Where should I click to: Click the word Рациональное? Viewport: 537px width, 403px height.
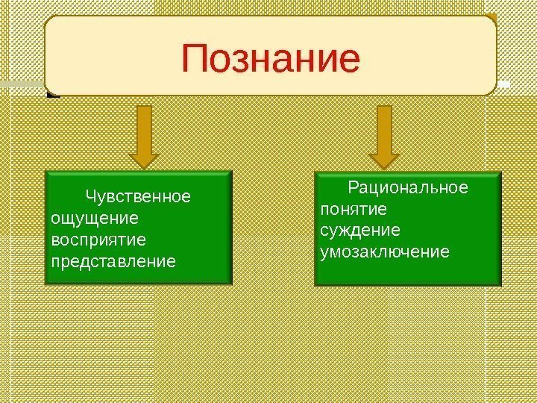[409, 187]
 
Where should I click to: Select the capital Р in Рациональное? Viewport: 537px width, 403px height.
[354, 187]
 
